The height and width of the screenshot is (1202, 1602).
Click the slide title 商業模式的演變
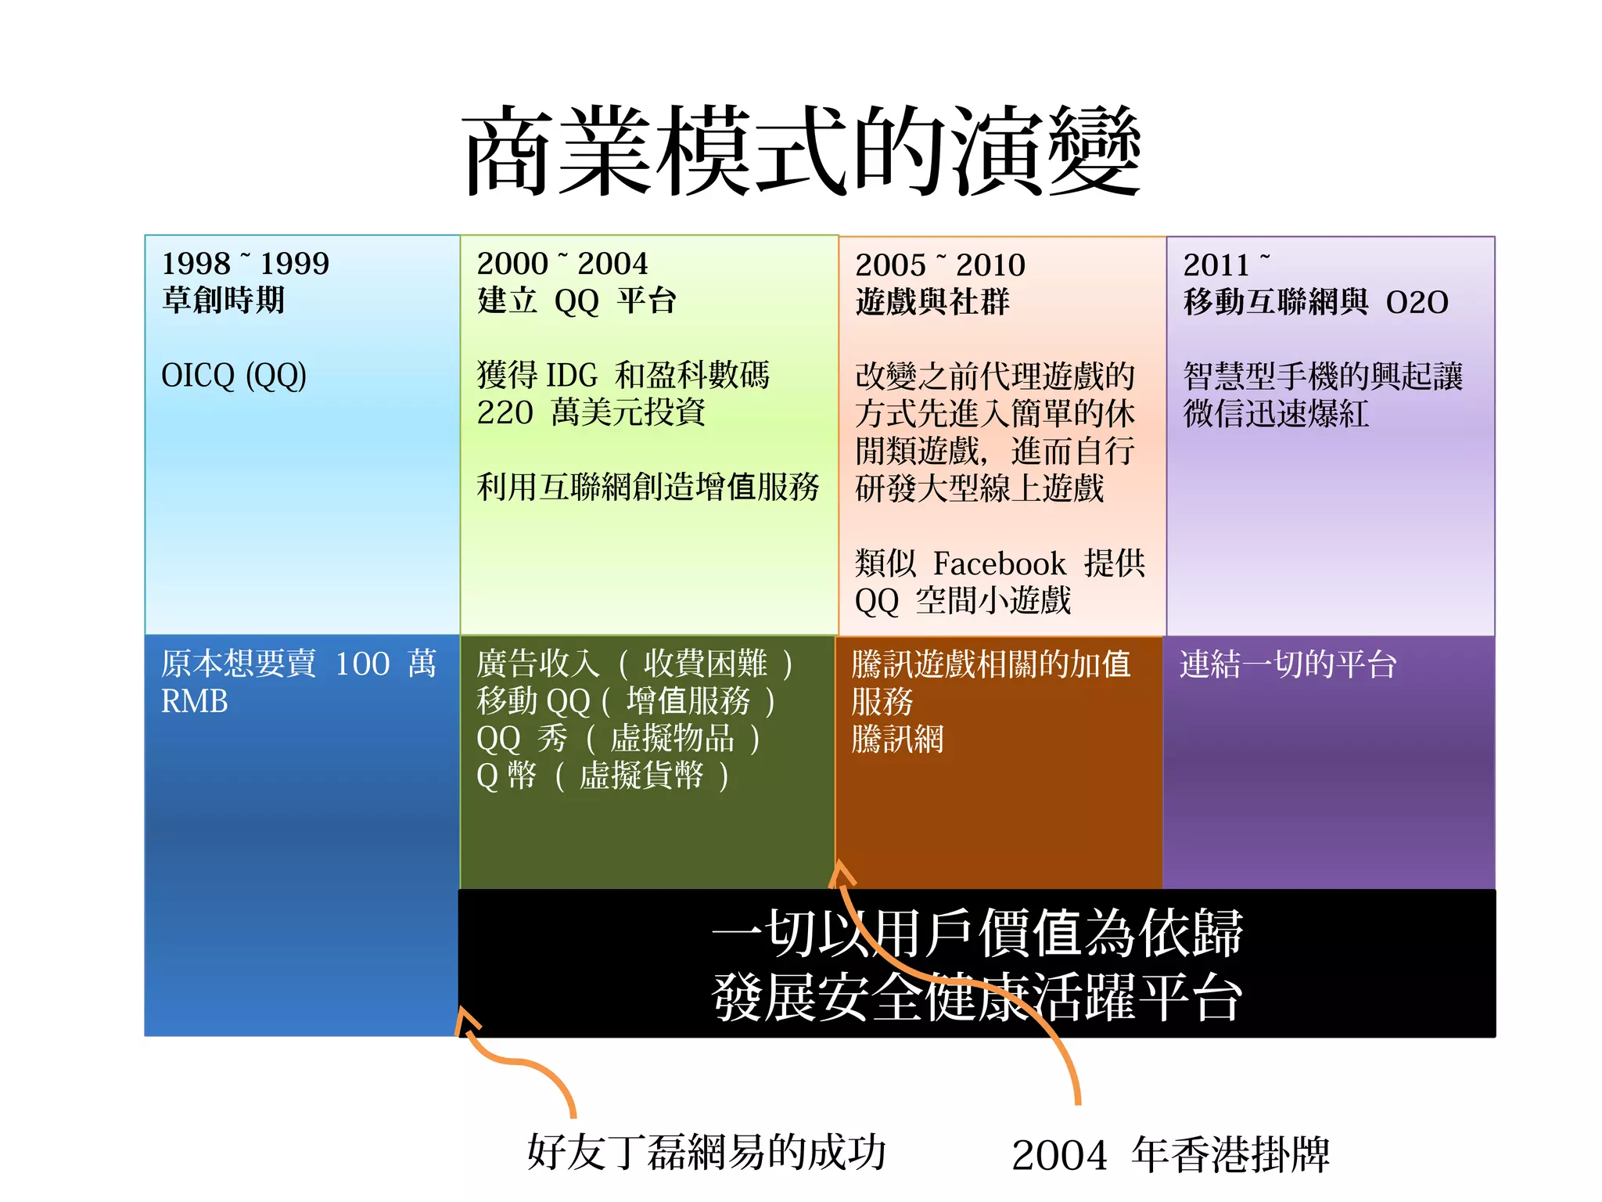[801, 151]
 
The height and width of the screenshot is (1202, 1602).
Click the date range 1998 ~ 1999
[245, 264]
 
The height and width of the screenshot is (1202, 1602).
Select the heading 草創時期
[223, 300]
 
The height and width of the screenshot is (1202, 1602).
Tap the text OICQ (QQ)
[233, 376]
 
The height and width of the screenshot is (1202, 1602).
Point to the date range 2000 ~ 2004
[562, 264]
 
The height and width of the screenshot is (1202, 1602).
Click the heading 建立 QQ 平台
[576, 301]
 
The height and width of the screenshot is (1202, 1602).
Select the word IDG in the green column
[571, 376]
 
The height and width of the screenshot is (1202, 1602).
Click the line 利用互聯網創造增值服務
[647, 488]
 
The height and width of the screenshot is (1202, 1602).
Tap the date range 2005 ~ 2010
[939, 265]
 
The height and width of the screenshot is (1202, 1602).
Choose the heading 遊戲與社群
[932, 302]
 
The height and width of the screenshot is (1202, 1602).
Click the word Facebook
[999, 563]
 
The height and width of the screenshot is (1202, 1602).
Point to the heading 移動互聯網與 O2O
[1315, 302]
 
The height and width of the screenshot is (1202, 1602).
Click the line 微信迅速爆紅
[1275, 414]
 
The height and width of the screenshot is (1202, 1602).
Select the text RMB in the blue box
[194, 701]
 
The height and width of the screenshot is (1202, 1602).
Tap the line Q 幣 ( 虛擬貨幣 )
[602, 776]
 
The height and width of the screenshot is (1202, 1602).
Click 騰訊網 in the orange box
[897, 739]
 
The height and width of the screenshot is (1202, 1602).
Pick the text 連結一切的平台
[1288, 664]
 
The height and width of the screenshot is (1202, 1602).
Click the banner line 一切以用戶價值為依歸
[976, 933]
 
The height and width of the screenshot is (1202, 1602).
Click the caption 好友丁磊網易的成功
[706, 1152]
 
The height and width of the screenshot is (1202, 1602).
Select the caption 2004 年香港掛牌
[1170, 1155]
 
